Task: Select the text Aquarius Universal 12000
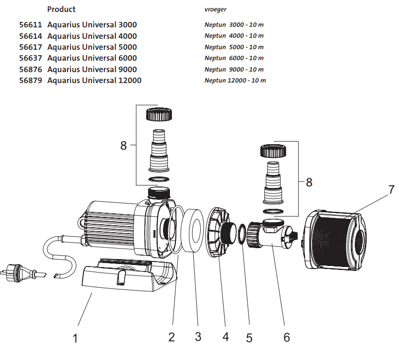click(94, 81)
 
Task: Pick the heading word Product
click(61, 9)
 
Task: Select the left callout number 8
click(124, 146)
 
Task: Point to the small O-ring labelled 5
click(241, 235)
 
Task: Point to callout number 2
click(171, 337)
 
